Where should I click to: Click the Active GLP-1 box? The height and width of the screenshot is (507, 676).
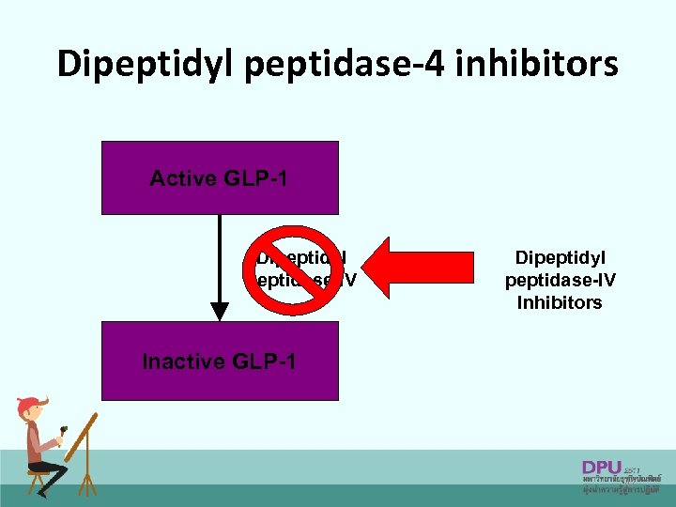coord(219,177)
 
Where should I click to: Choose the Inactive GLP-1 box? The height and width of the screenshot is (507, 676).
coord(219,361)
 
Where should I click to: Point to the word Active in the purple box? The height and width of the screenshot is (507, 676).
coord(181,178)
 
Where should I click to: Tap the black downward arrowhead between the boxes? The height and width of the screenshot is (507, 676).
coord(220,311)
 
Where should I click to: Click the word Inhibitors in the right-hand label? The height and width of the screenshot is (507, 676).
coord(560,303)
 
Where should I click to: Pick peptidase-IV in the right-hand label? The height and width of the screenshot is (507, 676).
coord(560,280)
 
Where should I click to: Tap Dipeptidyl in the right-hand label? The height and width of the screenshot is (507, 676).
coord(560,257)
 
